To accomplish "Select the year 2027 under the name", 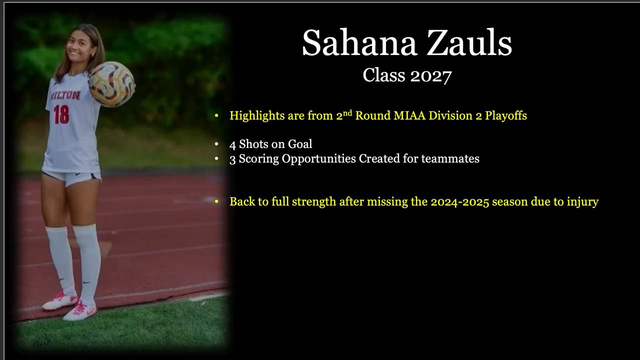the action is coord(431,76).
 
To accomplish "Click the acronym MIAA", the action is coord(409,115).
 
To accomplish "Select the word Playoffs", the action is coord(506,115).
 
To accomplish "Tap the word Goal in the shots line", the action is coord(300,144).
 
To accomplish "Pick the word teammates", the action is coord(450,159).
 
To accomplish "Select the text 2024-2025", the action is coord(460,202).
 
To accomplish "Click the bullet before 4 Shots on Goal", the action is coord(216,144).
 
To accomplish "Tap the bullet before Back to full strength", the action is coord(216,201).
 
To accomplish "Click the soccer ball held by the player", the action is coord(111,84).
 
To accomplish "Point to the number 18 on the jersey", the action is coord(61,114).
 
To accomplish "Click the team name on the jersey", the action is coord(65,95).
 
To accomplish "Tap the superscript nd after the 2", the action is coord(347,113).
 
